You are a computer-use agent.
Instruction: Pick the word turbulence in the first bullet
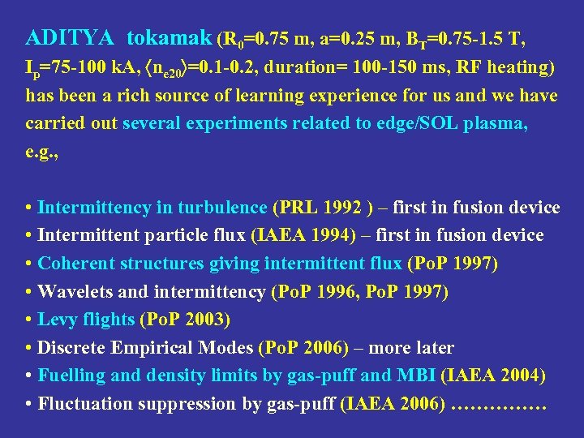(224, 208)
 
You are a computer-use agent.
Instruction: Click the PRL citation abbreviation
(297, 208)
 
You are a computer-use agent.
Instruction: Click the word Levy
(57, 320)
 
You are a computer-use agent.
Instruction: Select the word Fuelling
(71, 376)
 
